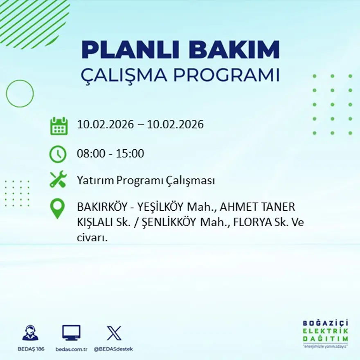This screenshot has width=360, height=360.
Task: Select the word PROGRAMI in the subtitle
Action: click(226, 75)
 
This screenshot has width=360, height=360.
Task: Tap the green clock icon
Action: click(58, 154)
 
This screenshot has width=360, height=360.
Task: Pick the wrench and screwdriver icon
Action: click(58, 180)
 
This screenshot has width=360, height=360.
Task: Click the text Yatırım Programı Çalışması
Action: click(146, 180)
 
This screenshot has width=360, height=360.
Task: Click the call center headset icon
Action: click(30, 333)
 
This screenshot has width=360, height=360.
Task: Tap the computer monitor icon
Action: click(71, 333)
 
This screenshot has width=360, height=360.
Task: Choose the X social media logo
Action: click(114, 333)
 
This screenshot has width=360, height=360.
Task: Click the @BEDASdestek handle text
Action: click(113, 349)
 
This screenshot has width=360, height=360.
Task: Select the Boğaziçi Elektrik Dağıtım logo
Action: click(325, 333)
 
